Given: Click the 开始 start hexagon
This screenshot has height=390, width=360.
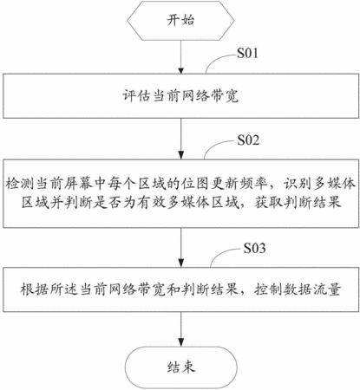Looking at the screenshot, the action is [x=180, y=21].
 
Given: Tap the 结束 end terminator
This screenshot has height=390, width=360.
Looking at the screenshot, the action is [x=180, y=367].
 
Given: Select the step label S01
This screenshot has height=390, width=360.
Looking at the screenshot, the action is [x=247, y=53].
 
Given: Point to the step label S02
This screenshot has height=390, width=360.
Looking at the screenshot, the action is [x=248, y=140].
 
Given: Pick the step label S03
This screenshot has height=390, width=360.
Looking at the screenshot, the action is [x=254, y=248].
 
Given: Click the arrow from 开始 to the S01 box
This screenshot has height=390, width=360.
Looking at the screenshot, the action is [x=181, y=57].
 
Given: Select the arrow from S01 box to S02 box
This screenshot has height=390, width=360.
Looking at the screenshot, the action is [x=181, y=139].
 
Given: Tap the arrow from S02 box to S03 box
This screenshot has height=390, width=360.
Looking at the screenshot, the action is [x=181, y=248].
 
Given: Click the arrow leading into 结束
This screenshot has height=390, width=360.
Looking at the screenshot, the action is [x=181, y=329].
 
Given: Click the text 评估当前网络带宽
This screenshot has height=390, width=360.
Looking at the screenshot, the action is [x=180, y=96].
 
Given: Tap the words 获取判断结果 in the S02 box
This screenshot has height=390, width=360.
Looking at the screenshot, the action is [x=298, y=203].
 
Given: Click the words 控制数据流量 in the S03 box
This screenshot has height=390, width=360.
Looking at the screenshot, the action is [x=298, y=289].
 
